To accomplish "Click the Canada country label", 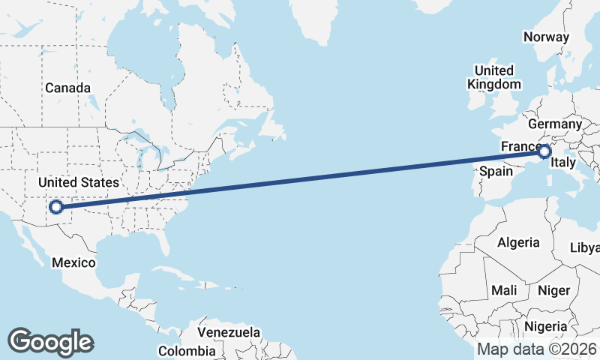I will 67,88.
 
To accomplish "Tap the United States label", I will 79,182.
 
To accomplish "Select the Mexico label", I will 73,262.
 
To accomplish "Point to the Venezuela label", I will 229,331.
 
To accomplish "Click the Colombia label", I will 187,350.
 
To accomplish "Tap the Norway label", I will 546,37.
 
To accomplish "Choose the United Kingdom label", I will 493,76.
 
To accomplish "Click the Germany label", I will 555,124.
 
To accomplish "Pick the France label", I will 520,145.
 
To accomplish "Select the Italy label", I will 562,162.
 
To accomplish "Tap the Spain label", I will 496,171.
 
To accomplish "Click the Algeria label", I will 519,242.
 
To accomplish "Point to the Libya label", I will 585,247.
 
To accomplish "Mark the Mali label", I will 504,289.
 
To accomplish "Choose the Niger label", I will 554,289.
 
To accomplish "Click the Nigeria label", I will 550,326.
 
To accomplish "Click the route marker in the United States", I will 55,207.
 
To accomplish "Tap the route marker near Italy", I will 545,152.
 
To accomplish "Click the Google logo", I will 50,342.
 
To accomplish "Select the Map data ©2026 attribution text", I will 536,349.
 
